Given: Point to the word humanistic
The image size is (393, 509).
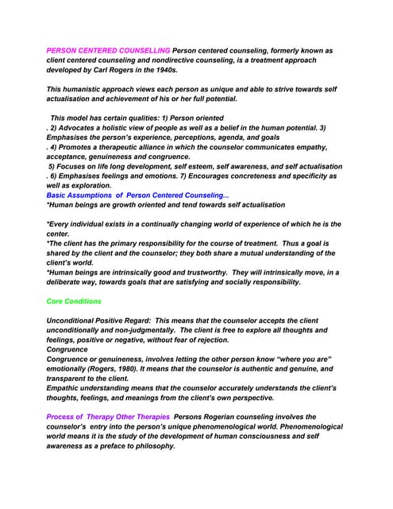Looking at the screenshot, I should click(x=87, y=89).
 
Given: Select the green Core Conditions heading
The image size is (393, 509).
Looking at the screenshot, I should click(x=74, y=301).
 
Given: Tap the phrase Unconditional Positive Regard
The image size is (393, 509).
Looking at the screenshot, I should click(x=98, y=321).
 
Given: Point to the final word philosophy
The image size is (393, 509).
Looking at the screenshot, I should click(x=152, y=446).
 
